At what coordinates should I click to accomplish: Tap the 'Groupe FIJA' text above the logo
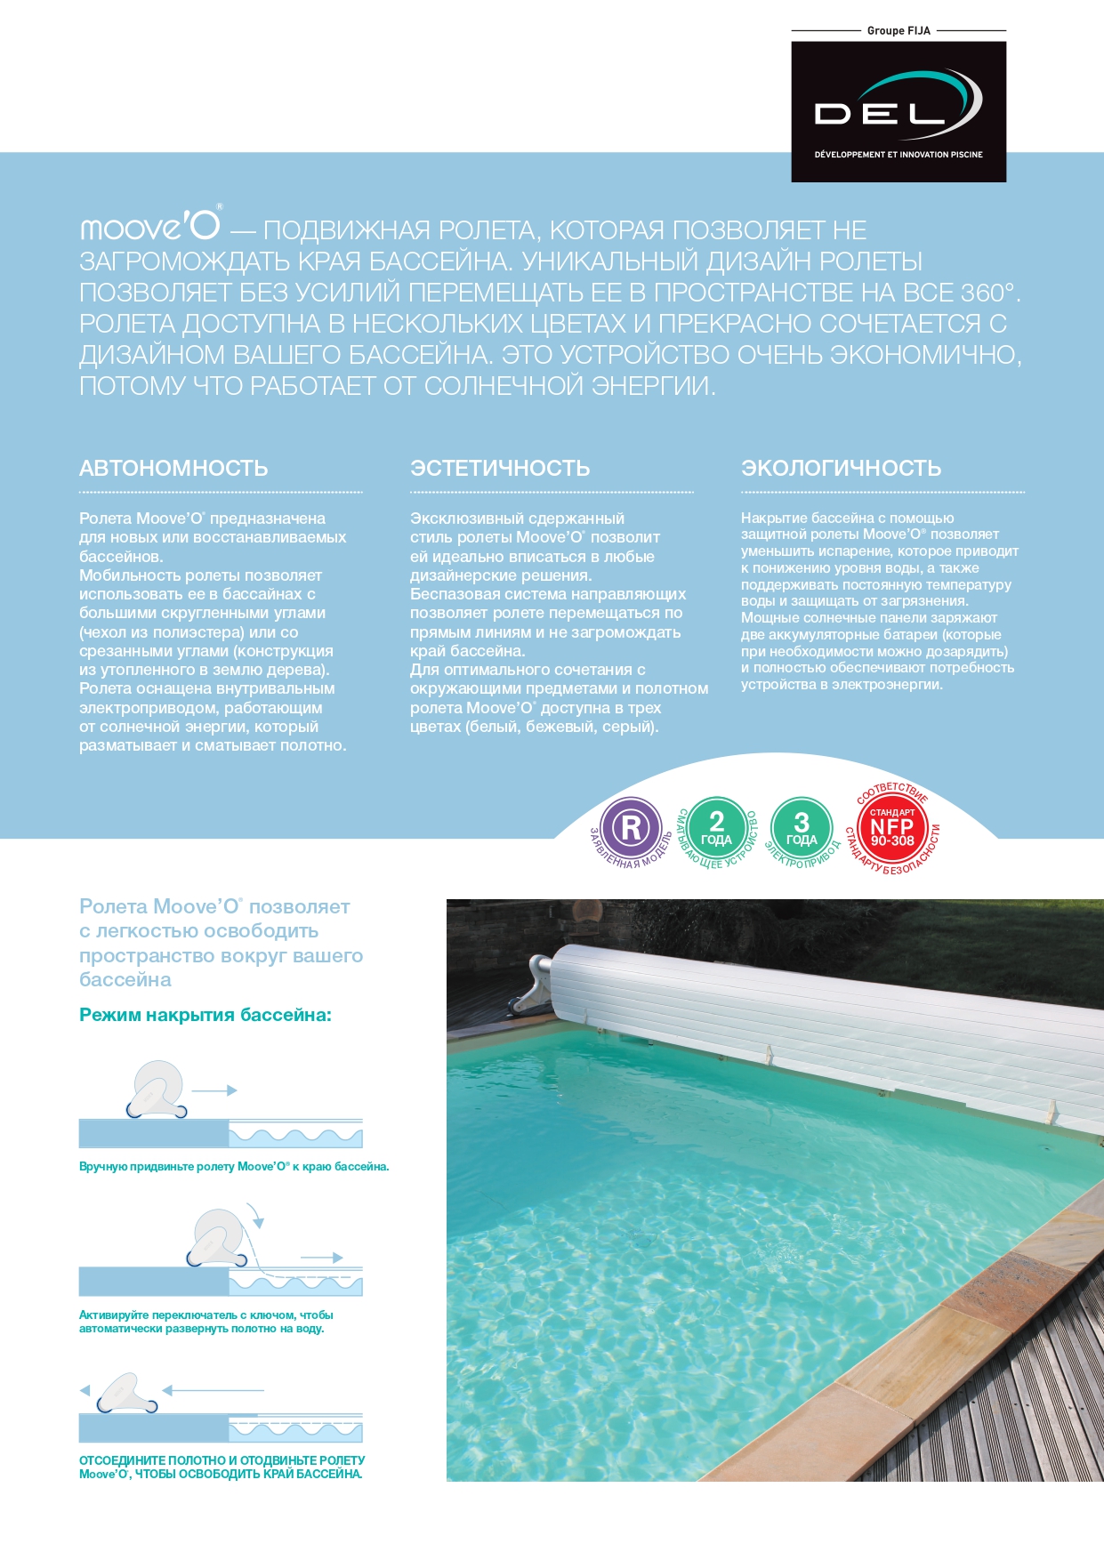pos(899,30)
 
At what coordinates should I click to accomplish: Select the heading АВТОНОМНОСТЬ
pos(173,468)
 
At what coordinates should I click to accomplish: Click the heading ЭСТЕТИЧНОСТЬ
pos(500,468)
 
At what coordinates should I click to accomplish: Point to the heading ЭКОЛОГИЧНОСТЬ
pos(841,468)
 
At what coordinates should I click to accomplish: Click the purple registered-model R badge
pos(631,828)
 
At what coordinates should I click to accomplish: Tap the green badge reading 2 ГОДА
pos(716,828)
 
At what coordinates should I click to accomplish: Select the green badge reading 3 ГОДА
pos(802,828)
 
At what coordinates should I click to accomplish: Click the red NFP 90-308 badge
pos(892,830)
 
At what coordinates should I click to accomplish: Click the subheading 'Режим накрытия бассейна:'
pos(205,1015)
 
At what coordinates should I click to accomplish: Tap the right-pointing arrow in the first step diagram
pos(214,1090)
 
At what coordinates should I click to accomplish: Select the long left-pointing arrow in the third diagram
pos(214,1389)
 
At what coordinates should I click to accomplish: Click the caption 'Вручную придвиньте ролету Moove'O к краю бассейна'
pos(234,1166)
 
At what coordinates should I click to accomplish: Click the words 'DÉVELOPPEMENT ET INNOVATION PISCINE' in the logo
pos(899,155)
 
